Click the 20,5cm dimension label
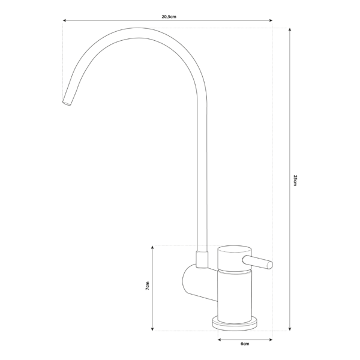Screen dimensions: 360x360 point(169,17)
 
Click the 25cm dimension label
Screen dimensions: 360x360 point(295,180)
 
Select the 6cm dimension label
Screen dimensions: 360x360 point(244,344)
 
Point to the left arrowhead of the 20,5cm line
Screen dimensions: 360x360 point(65,21)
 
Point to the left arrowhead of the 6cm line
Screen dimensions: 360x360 point(218,339)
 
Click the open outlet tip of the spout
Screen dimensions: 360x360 point(66,103)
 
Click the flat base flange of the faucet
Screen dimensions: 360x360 point(236,323)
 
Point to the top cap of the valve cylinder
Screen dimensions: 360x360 point(232,249)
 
